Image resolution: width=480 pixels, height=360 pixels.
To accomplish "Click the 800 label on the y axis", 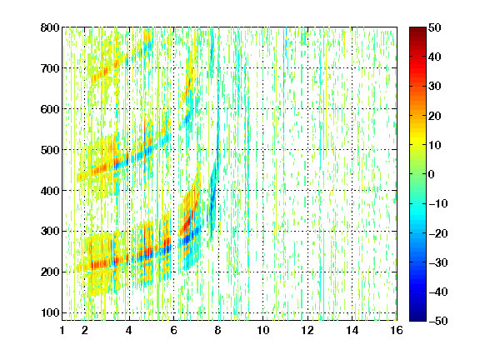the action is [50, 27].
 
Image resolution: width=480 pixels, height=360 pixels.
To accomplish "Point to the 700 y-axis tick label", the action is [50, 68].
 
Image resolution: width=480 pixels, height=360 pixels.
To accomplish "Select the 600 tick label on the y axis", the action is [50, 109].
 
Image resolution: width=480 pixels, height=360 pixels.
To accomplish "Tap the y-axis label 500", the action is [50, 150].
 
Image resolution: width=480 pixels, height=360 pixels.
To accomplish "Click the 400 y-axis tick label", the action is [50, 191].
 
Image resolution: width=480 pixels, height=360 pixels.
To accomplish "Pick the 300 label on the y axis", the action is [50, 232].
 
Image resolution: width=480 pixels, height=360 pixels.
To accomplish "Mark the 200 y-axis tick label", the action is [50, 272].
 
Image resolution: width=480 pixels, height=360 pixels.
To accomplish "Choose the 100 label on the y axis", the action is [50, 312].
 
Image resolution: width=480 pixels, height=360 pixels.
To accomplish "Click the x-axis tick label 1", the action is [62, 330].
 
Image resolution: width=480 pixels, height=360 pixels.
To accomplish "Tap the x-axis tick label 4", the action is [129, 330].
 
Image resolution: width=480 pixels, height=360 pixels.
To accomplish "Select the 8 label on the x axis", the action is [218, 330].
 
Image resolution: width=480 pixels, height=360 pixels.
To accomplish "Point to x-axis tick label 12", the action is [307, 330].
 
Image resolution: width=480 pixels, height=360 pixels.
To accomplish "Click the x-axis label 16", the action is [397, 330].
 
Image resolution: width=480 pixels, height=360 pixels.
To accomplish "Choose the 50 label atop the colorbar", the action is [435, 27].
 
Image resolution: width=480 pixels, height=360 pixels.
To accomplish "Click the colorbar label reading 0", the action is [432, 174].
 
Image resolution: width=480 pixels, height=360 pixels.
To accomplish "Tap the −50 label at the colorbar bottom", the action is [438, 321].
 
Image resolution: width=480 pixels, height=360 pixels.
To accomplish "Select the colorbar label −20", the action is [438, 233].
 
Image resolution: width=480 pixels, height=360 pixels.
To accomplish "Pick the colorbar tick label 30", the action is [435, 87].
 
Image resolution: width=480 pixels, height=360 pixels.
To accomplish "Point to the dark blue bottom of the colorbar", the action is [417, 318].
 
